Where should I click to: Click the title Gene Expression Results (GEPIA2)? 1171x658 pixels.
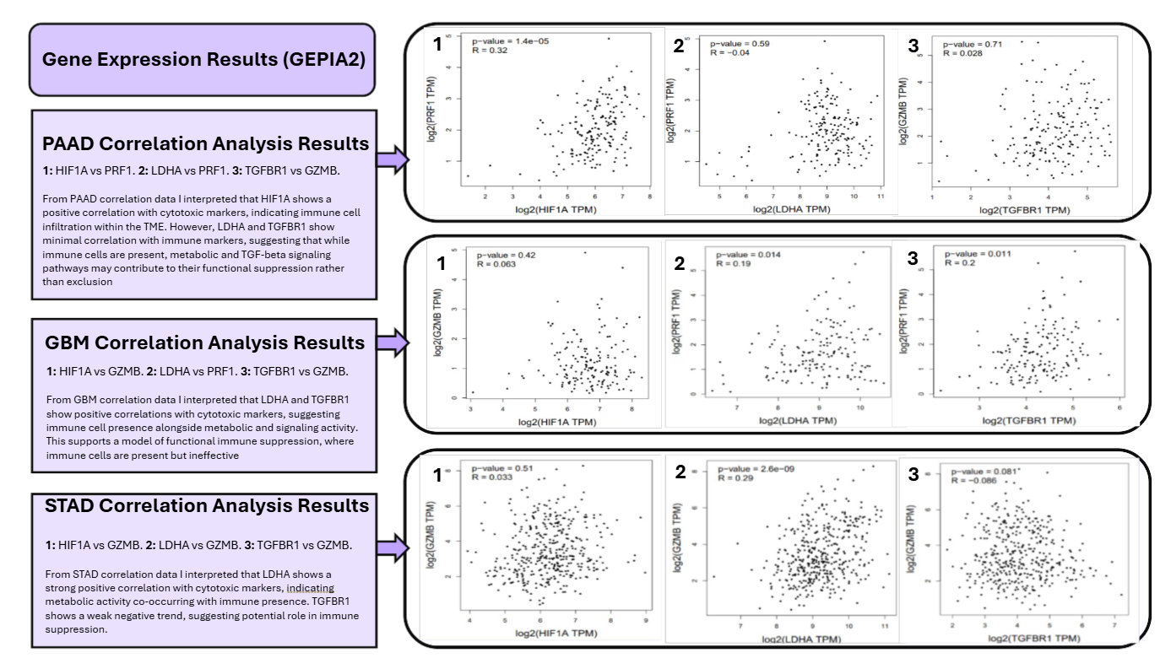[203, 60]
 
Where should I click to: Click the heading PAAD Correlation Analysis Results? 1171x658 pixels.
[205, 143]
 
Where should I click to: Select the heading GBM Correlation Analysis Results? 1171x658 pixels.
[205, 342]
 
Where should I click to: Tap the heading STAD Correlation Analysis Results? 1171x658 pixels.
[207, 505]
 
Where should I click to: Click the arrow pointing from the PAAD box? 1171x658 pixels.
[393, 159]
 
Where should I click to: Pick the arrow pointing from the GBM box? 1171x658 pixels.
[393, 343]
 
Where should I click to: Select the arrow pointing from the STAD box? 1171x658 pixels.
[393, 547]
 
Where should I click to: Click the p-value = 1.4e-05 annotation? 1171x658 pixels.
[510, 41]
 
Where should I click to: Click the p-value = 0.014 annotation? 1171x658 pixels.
[748, 255]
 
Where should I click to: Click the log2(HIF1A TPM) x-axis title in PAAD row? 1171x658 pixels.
[556, 209]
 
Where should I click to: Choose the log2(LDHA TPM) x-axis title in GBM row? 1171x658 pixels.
[798, 420]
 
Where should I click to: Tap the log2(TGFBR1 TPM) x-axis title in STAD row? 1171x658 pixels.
[1034, 638]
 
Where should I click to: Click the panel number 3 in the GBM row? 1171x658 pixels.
[913, 258]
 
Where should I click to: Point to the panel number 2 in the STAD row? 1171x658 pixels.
[680, 472]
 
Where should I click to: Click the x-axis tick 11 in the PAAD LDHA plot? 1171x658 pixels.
[881, 197]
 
